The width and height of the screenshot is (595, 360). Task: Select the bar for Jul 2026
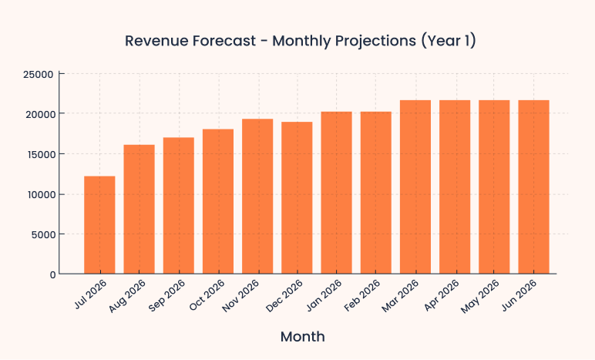99,225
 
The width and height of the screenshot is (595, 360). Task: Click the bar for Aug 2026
139,209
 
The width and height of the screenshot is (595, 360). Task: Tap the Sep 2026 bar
178,206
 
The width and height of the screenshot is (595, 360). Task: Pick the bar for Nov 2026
257,197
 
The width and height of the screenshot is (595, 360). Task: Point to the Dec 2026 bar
297,198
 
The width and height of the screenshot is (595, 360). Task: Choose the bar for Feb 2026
376,193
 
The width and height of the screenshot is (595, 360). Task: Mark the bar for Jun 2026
533,187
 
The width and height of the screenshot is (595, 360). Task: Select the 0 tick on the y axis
52,274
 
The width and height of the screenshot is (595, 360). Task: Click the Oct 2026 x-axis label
208,295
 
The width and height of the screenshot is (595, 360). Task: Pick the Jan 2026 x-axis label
326,295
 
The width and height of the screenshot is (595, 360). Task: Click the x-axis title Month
302,337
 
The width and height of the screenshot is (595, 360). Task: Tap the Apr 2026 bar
455,187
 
